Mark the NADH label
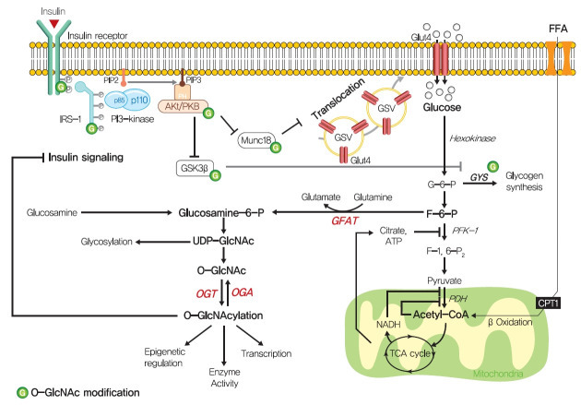point(372,326)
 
